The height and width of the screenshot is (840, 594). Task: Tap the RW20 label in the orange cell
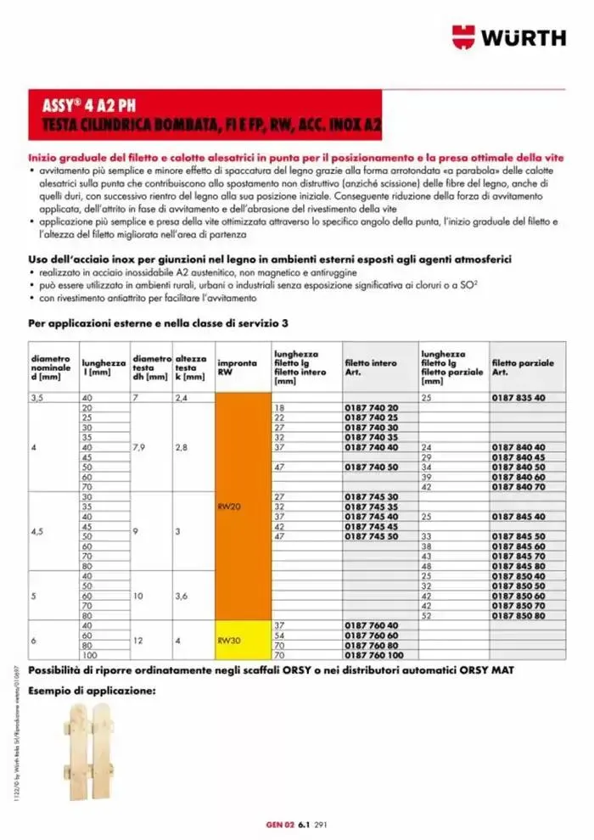[x=231, y=506]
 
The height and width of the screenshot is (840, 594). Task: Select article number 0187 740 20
[x=371, y=408]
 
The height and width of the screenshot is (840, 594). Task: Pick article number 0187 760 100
[x=373, y=657]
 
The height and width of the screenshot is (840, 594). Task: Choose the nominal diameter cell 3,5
[x=36, y=398]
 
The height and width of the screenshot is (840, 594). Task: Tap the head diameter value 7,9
[x=141, y=447]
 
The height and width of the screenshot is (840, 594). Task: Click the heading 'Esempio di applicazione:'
[x=92, y=692]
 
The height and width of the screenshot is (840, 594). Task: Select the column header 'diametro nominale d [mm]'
[x=51, y=367]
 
